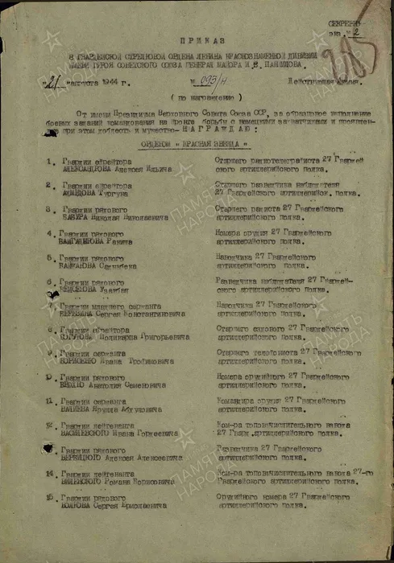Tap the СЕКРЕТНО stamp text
[344, 25]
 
